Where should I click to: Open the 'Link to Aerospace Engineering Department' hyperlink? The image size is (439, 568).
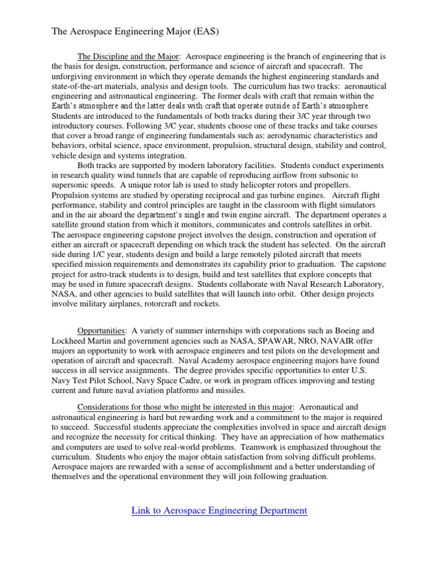(219, 511)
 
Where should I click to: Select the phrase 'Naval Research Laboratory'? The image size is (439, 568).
(332, 284)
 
